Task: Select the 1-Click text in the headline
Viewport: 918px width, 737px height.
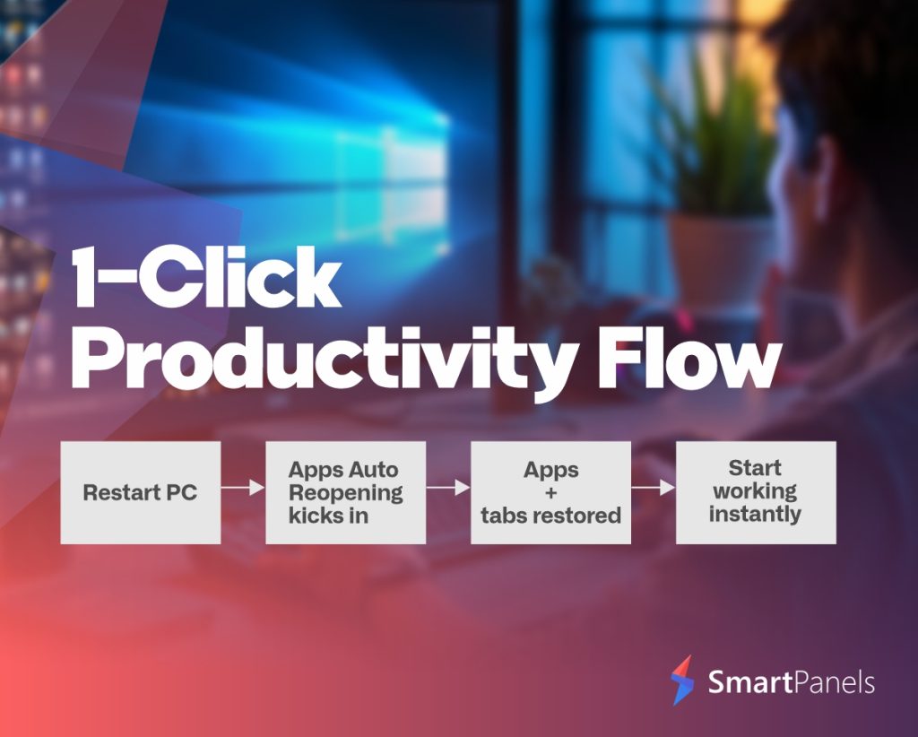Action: click(x=206, y=277)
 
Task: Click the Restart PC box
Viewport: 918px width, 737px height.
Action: click(x=141, y=492)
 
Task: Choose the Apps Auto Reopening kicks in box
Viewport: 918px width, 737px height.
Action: click(x=345, y=492)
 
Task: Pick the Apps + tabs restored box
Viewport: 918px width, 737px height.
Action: click(x=551, y=492)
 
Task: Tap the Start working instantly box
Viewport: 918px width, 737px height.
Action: click(x=756, y=492)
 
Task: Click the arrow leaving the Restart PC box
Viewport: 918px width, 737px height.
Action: click(x=243, y=487)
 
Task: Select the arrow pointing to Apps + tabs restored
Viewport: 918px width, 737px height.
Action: click(x=448, y=487)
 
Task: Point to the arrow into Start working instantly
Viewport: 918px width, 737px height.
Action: click(x=654, y=487)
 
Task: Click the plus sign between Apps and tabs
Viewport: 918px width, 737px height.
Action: click(x=550, y=493)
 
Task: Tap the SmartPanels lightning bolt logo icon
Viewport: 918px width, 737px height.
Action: click(x=682, y=681)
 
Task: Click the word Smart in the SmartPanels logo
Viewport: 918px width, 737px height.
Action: click(x=742, y=682)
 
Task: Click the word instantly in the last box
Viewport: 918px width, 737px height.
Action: click(x=755, y=515)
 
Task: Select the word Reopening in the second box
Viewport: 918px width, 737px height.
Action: click(x=345, y=493)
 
